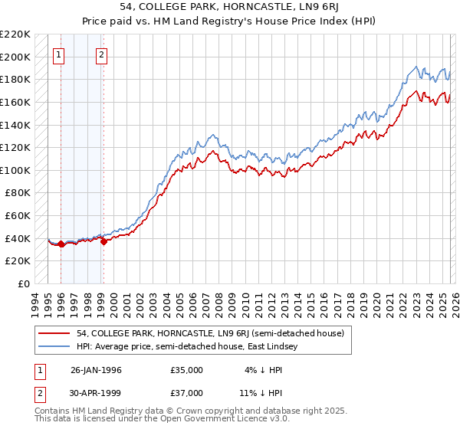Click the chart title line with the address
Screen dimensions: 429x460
229,6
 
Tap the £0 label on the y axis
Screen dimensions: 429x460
24,283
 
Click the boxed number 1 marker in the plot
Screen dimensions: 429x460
60,54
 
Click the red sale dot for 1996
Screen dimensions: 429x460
61,244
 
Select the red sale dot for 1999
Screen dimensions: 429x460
103,241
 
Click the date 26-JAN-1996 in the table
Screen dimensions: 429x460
96,370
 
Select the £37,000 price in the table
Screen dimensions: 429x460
186,395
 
